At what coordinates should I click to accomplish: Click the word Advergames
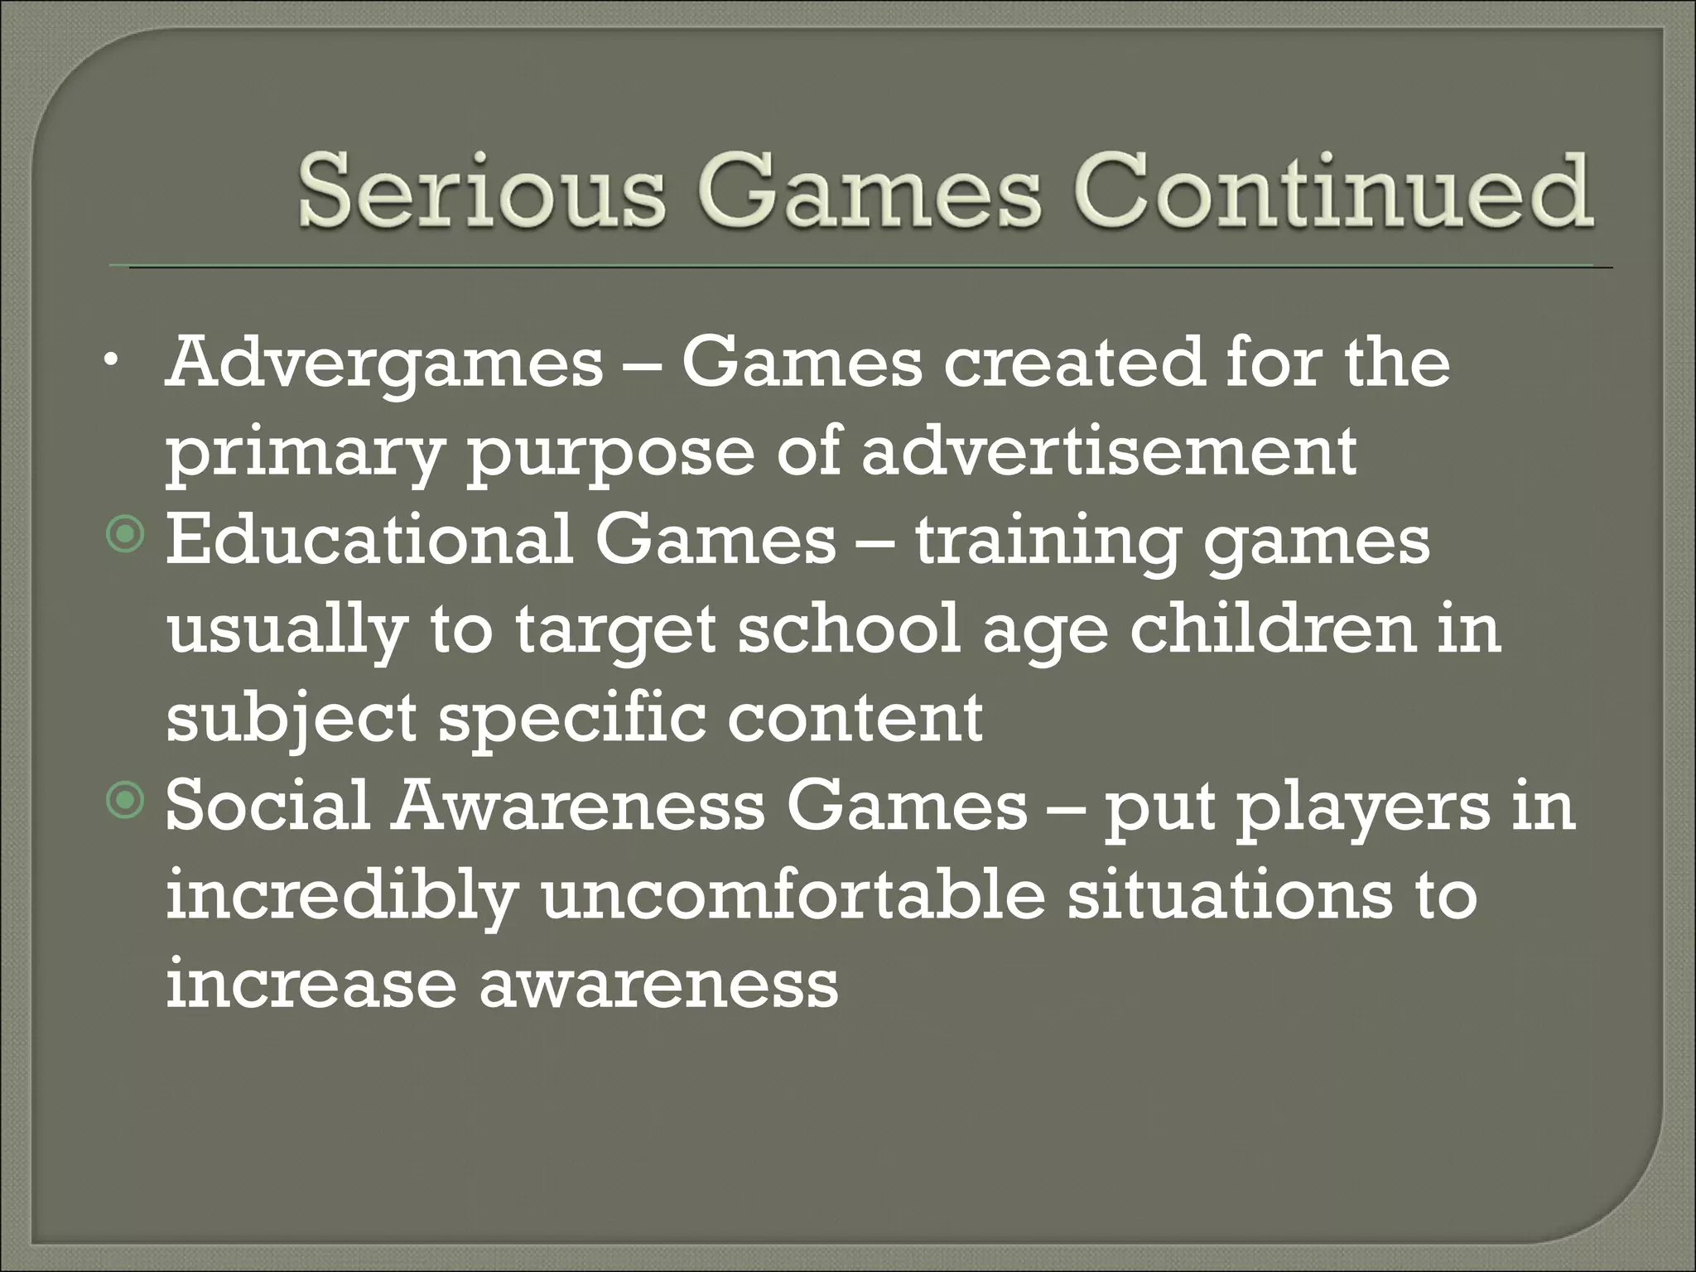(x=384, y=365)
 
